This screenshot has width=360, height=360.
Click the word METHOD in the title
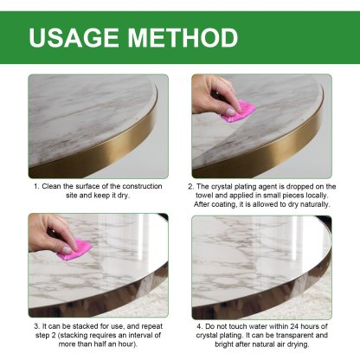183,38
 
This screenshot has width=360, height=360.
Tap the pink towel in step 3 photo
76,250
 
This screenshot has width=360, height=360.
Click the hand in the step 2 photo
215,93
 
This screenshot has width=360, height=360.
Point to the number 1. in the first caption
36,186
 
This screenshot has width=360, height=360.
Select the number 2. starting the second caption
190,186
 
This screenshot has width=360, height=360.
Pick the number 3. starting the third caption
35,326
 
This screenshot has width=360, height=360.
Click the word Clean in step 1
52,186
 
